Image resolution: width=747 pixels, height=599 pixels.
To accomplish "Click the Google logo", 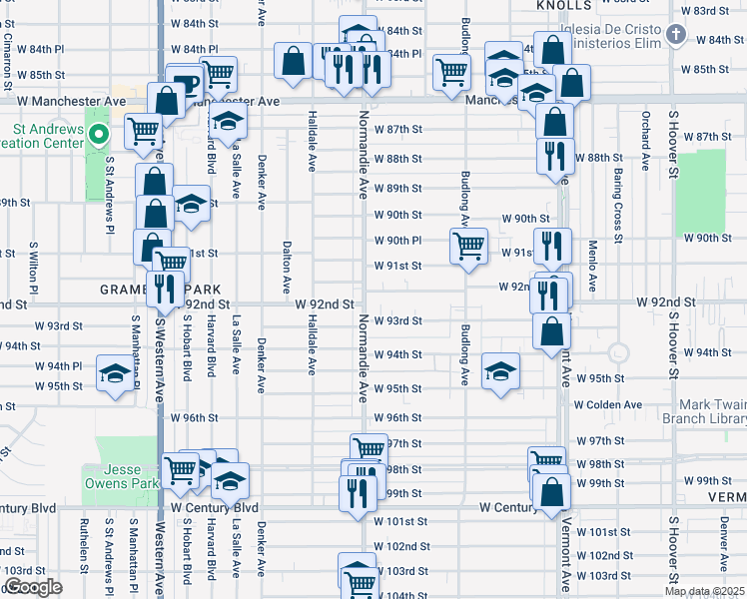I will pos(33,587).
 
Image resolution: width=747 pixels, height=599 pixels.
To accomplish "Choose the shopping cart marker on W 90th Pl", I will pos(468,245).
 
